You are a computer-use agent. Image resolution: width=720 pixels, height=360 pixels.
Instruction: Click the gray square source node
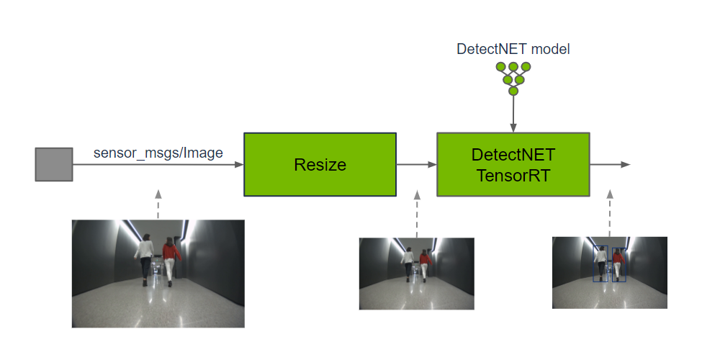tap(54, 164)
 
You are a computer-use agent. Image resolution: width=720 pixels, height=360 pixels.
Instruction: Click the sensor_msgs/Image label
tap(158, 153)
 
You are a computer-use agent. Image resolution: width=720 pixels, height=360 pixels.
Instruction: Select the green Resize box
tap(320, 164)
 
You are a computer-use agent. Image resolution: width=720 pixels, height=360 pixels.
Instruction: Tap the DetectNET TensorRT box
tap(513, 164)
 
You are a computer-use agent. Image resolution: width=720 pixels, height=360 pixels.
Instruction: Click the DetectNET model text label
tap(513, 50)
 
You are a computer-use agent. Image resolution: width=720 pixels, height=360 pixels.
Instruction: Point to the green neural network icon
tap(513, 78)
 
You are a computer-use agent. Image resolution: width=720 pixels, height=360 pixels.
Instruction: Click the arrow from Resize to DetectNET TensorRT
tap(416, 164)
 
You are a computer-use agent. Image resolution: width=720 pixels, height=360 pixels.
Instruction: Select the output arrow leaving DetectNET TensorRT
tap(610, 164)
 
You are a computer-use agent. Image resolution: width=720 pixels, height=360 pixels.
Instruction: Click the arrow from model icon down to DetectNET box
tap(513, 114)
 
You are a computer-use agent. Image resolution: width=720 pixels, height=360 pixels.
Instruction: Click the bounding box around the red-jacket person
tap(618, 264)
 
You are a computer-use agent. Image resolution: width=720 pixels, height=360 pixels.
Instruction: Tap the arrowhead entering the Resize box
tap(239, 164)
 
